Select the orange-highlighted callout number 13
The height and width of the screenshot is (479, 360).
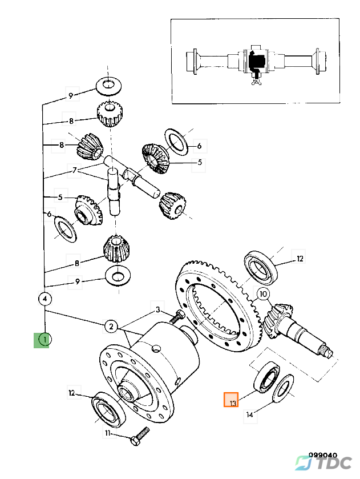(x=231, y=400)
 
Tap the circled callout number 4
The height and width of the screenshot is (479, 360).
(x=45, y=298)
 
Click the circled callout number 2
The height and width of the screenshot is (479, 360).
(x=111, y=326)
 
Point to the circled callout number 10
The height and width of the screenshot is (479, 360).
(x=263, y=294)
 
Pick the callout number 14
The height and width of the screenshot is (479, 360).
(x=250, y=414)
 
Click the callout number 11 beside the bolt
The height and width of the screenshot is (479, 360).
(x=107, y=433)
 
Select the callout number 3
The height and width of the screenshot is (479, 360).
(x=157, y=310)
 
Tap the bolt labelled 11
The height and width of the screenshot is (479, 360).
(x=140, y=436)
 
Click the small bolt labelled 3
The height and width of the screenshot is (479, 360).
(x=177, y=316)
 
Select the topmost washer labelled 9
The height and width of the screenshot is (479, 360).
(x=109, y=85)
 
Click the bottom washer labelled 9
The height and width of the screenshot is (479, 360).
(x=118, y=276)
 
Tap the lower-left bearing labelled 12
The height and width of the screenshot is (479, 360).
(x=109, y=409)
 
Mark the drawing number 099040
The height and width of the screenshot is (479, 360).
(x=323, y=455)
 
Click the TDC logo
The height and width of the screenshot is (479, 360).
(x=323, y=463)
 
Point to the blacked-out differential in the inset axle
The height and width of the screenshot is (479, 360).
(x=256, y=61)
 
